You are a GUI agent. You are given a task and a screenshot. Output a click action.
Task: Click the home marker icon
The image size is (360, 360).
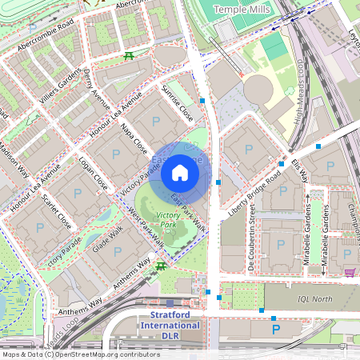(x=180, y=173)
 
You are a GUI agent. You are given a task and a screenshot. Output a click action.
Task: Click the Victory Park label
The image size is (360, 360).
(x=169, y=220)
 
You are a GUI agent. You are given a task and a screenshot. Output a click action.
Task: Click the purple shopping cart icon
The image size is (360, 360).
(x=349, y=272)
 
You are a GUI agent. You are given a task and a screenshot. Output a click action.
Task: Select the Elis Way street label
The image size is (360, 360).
(x=299, y=169)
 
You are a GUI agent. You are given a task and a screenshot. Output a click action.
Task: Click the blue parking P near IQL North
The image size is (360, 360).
(x=276, y=329)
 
